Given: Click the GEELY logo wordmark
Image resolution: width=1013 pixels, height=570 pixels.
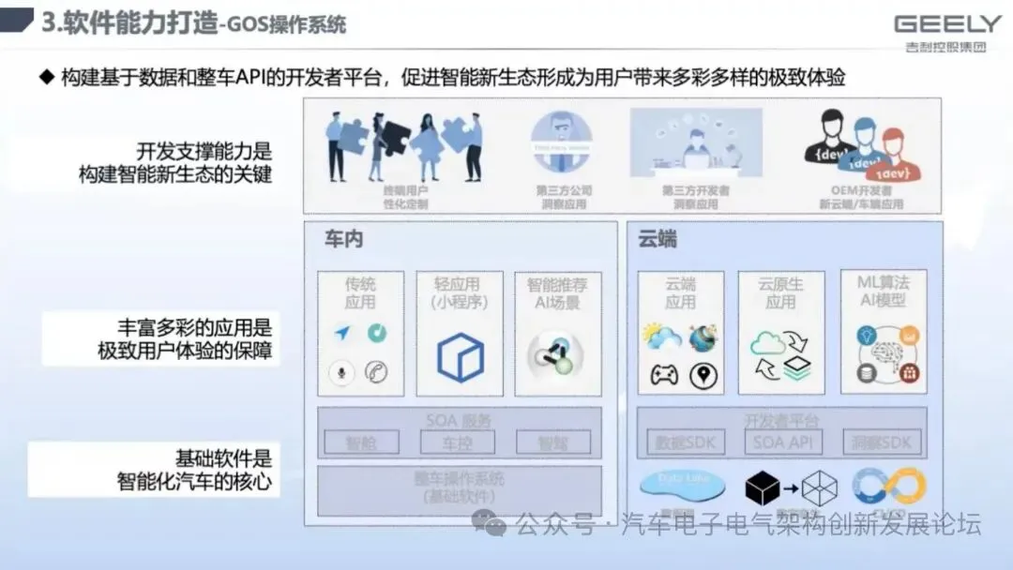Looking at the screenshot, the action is pyautogui.click(x=947, y=24).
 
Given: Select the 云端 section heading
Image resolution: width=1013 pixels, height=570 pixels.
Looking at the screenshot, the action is pyautogui.click(x=658, y=239).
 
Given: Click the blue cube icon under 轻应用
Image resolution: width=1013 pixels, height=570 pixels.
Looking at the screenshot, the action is pyautogui.click(x=461, y=357).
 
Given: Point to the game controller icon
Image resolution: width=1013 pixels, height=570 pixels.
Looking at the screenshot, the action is pyautogui.click(x=664, y=376).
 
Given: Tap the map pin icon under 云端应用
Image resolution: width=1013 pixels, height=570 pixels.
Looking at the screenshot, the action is pyautogui.click(x=703, y=376).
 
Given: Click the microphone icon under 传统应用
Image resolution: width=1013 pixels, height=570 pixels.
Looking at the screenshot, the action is pyautogui.click(x=340, y=373).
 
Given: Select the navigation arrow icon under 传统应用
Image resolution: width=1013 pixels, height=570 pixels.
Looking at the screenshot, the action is pyautogui.click(x=341, y=333).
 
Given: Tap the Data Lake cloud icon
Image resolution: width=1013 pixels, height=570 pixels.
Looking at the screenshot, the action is pyautogui.click(x=682, y=484).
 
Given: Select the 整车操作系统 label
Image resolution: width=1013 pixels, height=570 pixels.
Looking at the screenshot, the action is pyautogui.click(x=459, y=479).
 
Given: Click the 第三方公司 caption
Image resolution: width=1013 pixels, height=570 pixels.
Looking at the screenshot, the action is pyautogui.click(x=564, y=190).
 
